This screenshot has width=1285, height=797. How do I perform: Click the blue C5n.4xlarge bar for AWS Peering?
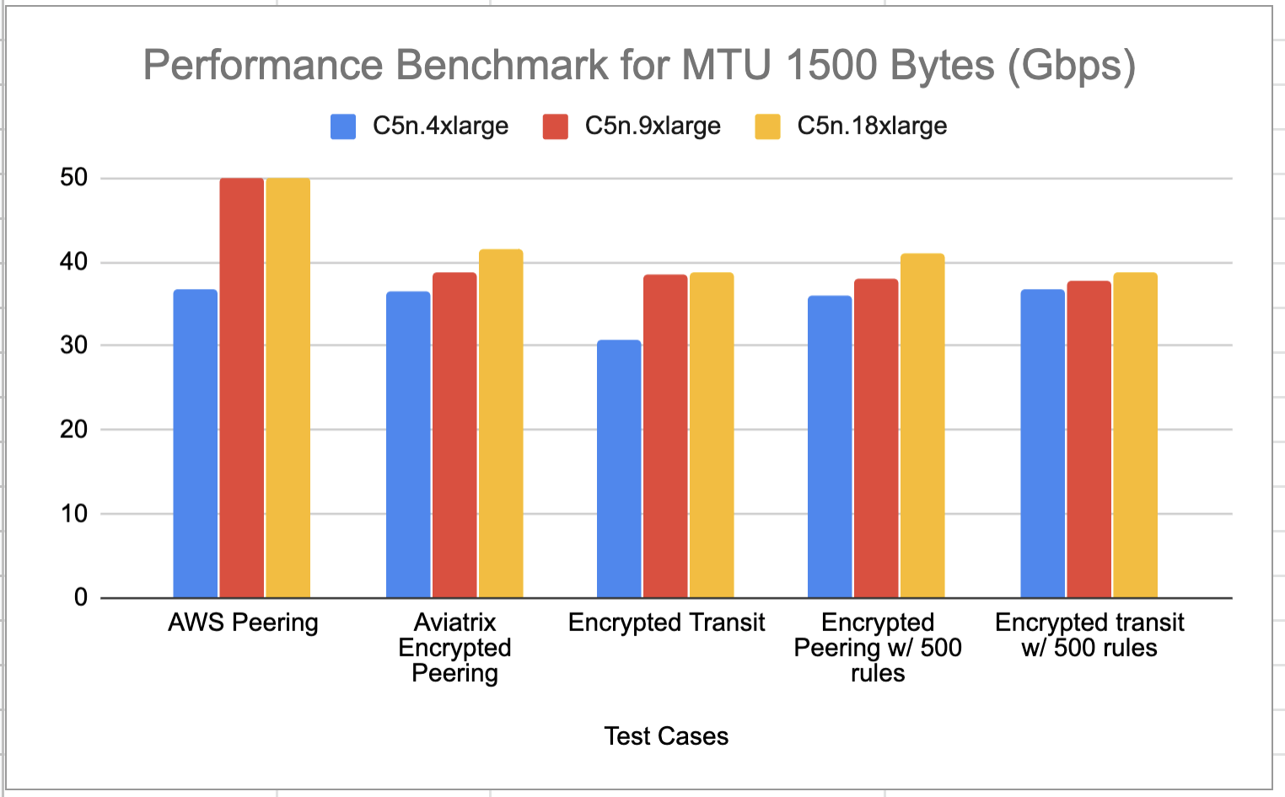pos(195,443)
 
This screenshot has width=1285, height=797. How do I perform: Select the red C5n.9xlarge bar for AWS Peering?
pos(242,388)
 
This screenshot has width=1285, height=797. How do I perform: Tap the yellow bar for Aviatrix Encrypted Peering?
pos(501,423)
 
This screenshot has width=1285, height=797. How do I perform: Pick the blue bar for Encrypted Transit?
pos(619,468)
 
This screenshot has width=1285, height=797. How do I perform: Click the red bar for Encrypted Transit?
pos(665,436)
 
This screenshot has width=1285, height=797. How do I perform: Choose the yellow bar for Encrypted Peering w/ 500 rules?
pos(922,425)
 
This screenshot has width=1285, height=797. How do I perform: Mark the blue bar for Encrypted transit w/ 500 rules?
pos(1042,443)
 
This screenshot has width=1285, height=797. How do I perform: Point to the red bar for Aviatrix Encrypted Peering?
pos(454,435)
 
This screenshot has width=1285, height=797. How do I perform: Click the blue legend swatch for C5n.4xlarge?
pos(343,126)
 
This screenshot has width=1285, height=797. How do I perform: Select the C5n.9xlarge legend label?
pos(653,126)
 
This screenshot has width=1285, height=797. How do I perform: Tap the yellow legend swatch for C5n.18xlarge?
pos(767,126)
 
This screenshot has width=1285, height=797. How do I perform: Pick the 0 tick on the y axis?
pos(81,597)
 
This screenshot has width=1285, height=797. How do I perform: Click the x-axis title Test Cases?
pos(666,736)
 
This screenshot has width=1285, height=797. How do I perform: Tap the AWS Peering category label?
pos(243,623)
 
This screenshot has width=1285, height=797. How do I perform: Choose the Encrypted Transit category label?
pos(666,623)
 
